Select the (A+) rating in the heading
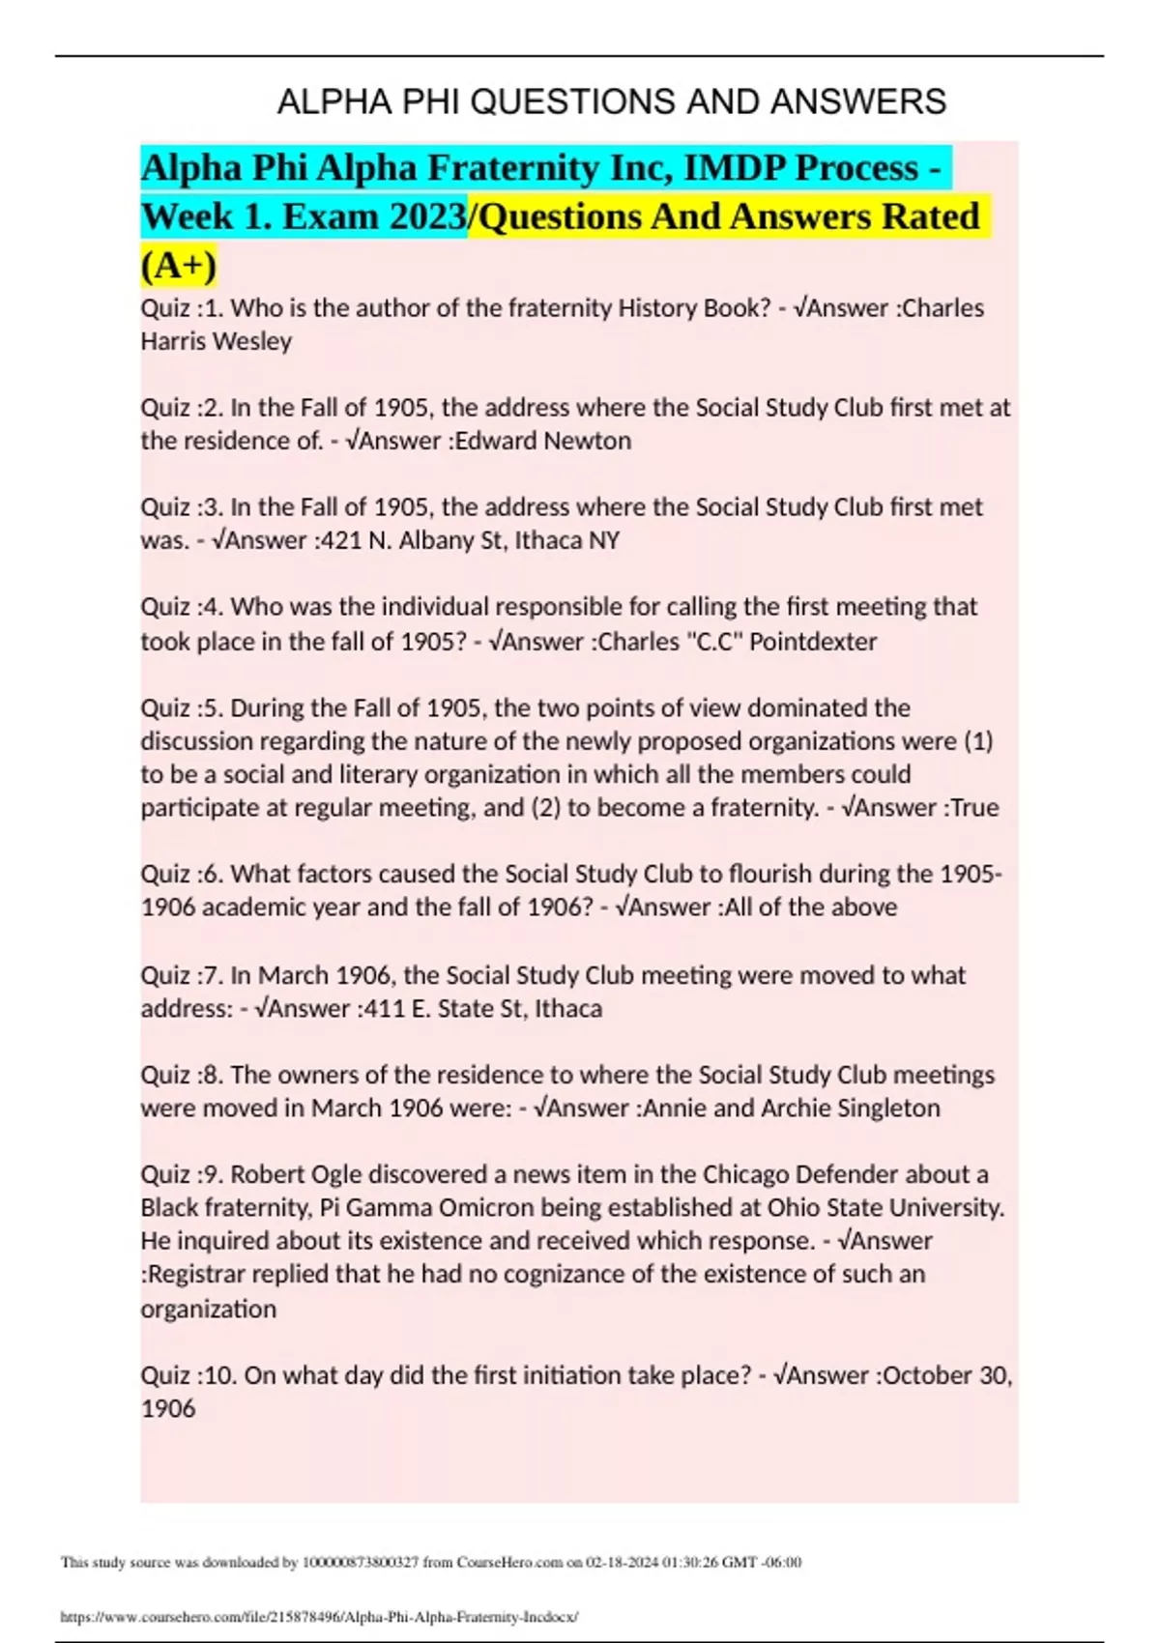[179, 265]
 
